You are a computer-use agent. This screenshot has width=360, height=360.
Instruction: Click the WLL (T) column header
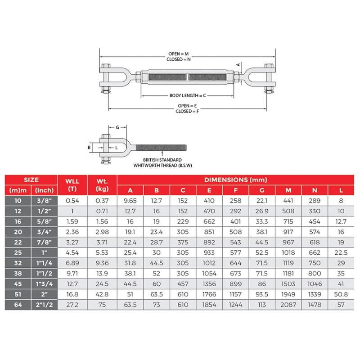point(72,185)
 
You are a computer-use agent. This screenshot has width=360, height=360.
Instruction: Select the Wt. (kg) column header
point(102,185)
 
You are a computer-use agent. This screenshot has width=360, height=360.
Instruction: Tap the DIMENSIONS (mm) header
point(235,180)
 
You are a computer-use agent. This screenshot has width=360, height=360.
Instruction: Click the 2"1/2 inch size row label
point(44,305)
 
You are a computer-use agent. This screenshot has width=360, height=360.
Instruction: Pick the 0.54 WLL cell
point(72,201)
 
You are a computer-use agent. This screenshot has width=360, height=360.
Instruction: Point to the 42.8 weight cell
point(102,294)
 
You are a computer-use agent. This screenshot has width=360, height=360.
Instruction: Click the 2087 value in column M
point(288,305)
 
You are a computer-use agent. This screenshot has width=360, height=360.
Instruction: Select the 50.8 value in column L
point(341,294)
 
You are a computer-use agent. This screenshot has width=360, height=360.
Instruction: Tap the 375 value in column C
point(183,242)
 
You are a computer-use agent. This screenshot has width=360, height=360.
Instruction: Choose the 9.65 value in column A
point(130,201)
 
